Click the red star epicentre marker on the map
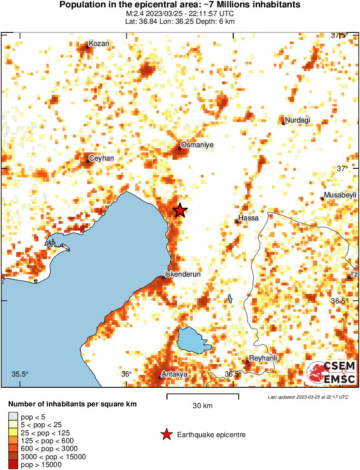(x=180, y=210)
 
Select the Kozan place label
(x=99, y=43)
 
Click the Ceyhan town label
(x=101, y=158)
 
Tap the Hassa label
(x=249, y=218)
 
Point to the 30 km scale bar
(x=203, y=395)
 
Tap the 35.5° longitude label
(x=19, y=374)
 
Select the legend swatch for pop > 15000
(x=13, y=465)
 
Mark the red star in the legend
(x=166, y=435)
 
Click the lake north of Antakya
(x=193, y=340)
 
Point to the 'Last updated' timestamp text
(x=308, y=397)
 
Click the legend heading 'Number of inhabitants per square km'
(x=73, y=404)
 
